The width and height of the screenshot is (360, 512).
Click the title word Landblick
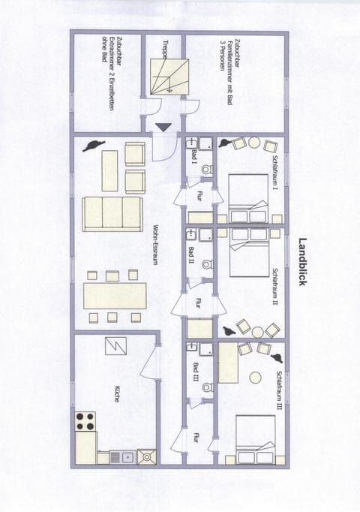pos(303,264)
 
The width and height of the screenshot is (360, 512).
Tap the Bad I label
pos(193,157)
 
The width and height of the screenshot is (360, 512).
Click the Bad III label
pos(193,371)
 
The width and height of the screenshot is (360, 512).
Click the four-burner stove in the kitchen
pos(85,421)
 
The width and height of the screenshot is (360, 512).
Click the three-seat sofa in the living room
pos(112,212)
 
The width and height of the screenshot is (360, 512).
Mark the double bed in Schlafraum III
pos(254,440)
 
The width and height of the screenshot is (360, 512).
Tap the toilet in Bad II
pos(207,264)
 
